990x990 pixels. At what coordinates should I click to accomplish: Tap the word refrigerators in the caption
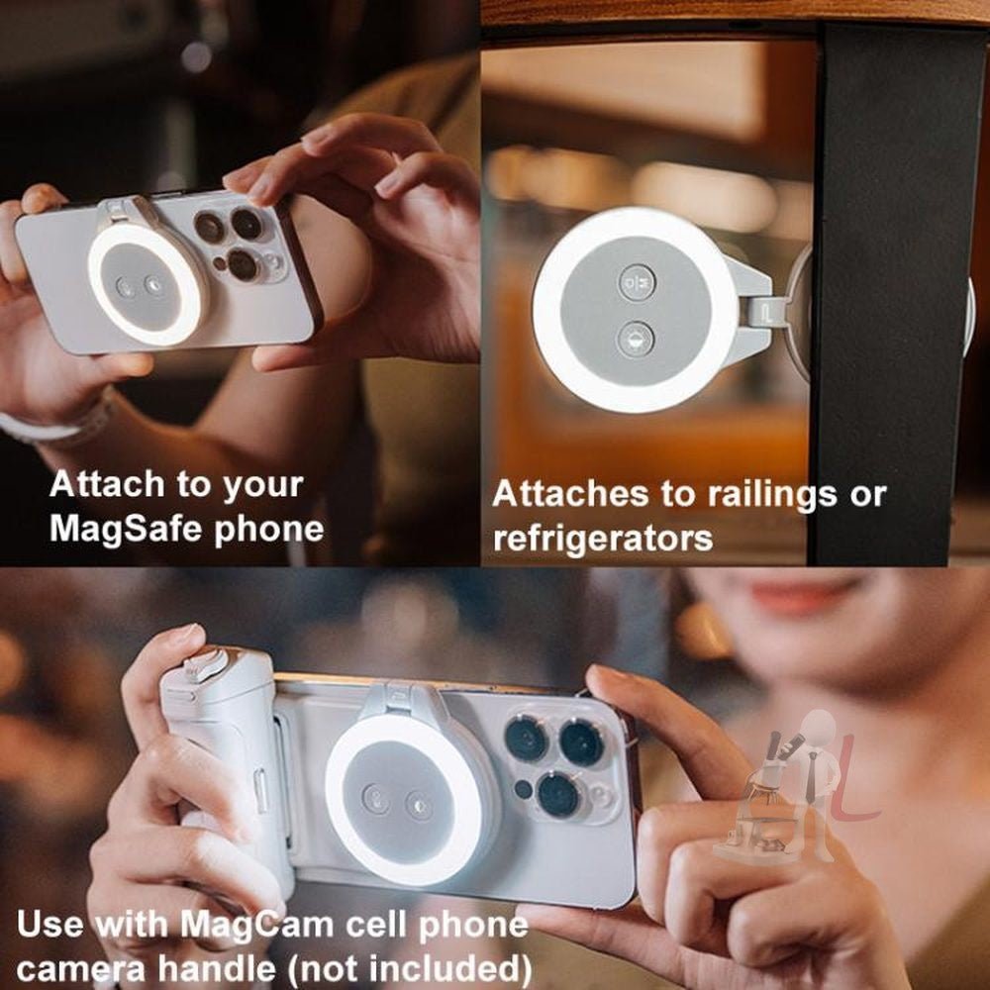click(602, 538)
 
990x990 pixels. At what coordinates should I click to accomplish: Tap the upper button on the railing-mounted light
click(637, 282)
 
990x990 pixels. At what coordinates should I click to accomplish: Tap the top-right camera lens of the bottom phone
click(582, 742)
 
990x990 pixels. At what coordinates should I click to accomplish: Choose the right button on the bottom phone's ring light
click(419, 804)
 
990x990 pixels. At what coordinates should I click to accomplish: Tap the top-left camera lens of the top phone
click(209, 228)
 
